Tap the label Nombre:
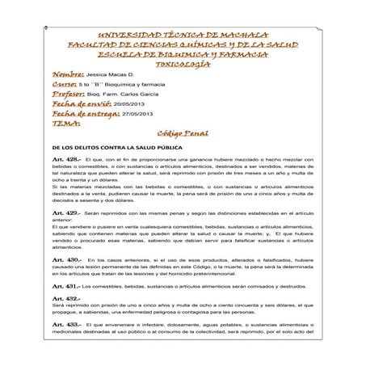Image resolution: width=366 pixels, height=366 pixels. pos(67,73)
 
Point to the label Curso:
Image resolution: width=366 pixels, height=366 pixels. pos(64,83)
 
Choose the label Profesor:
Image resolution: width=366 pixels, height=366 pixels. pos(69,94)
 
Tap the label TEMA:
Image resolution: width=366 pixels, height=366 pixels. pos(64,124)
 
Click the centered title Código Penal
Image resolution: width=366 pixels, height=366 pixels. pos(183,133)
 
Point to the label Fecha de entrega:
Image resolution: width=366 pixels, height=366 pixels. pos(83,115)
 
